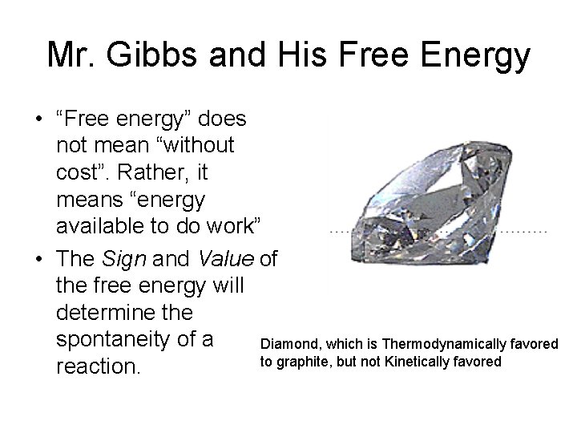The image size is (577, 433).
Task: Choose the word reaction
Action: click(x=99, y=367)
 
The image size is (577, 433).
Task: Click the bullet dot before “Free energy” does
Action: click(x=38, y=120)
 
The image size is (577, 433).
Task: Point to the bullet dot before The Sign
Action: click(x=38, y=258)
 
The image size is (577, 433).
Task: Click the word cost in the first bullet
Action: click(x=77, y=172)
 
